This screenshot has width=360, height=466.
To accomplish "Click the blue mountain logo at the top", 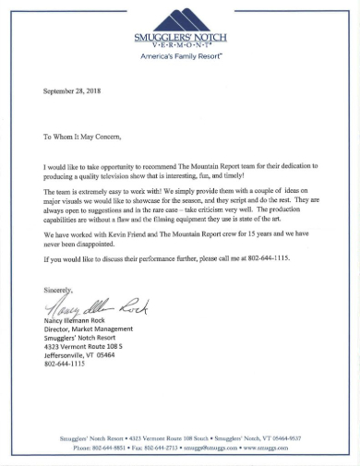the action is coord(180,17).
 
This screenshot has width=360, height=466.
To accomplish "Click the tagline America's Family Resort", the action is coord(180,56).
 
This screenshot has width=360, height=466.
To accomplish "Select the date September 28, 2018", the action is coord(75,93).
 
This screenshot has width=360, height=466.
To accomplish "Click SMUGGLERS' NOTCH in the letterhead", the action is coord(180,37).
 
